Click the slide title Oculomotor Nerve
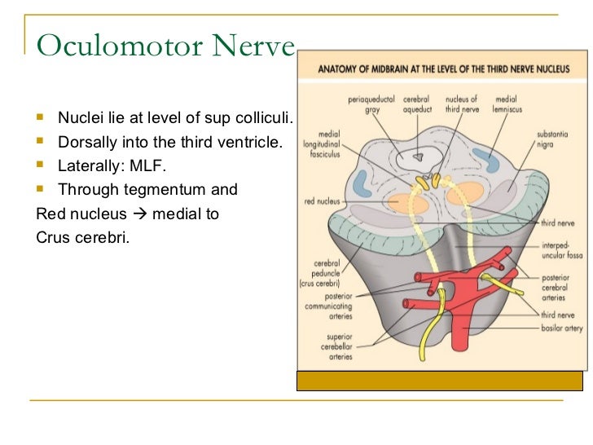point(165,46)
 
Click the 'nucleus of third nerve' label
point(462,104)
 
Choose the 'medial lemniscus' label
point(506,104)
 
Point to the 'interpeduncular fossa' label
point(561,250)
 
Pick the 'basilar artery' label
point(562,327)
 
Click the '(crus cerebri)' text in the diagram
point(326,284)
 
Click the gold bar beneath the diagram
point(440,381)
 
